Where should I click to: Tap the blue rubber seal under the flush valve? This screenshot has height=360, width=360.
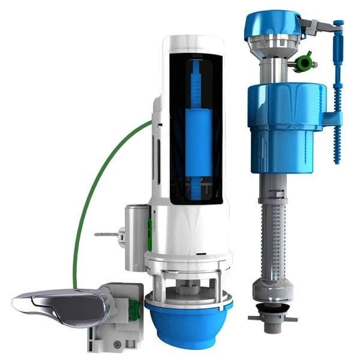point(189,327)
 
